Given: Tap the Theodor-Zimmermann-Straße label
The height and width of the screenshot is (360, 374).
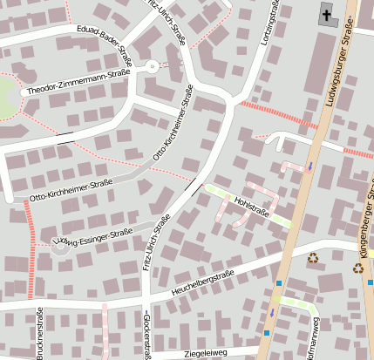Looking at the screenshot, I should pyautogui.click(x=78, y=83).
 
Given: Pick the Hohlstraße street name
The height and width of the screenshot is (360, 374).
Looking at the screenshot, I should pyautogui.click(x=252, y=206).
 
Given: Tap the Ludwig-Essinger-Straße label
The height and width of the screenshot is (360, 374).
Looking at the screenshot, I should pyautogui.click(x=93, y=236).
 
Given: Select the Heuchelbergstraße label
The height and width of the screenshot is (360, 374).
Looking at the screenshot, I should pyautogui.click(x=207, y=280).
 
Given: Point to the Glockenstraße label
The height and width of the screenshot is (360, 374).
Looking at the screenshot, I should pyautogui.click(x=145, y=336).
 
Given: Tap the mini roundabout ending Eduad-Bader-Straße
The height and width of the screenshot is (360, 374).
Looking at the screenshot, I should pyautogui.click(x=152, y=66).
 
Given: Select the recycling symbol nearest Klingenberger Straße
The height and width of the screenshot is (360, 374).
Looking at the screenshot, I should pyautogui.click(x=357, y=268).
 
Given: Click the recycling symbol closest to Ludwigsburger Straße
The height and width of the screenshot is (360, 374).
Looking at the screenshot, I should pyautogui.click(x=312, y=257).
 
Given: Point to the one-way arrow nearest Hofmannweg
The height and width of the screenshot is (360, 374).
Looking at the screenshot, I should pyautogui.click(x=272, y=311).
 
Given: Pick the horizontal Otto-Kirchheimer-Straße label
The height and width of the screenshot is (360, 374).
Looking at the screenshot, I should pyautogui.click(x=71, y=191).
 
